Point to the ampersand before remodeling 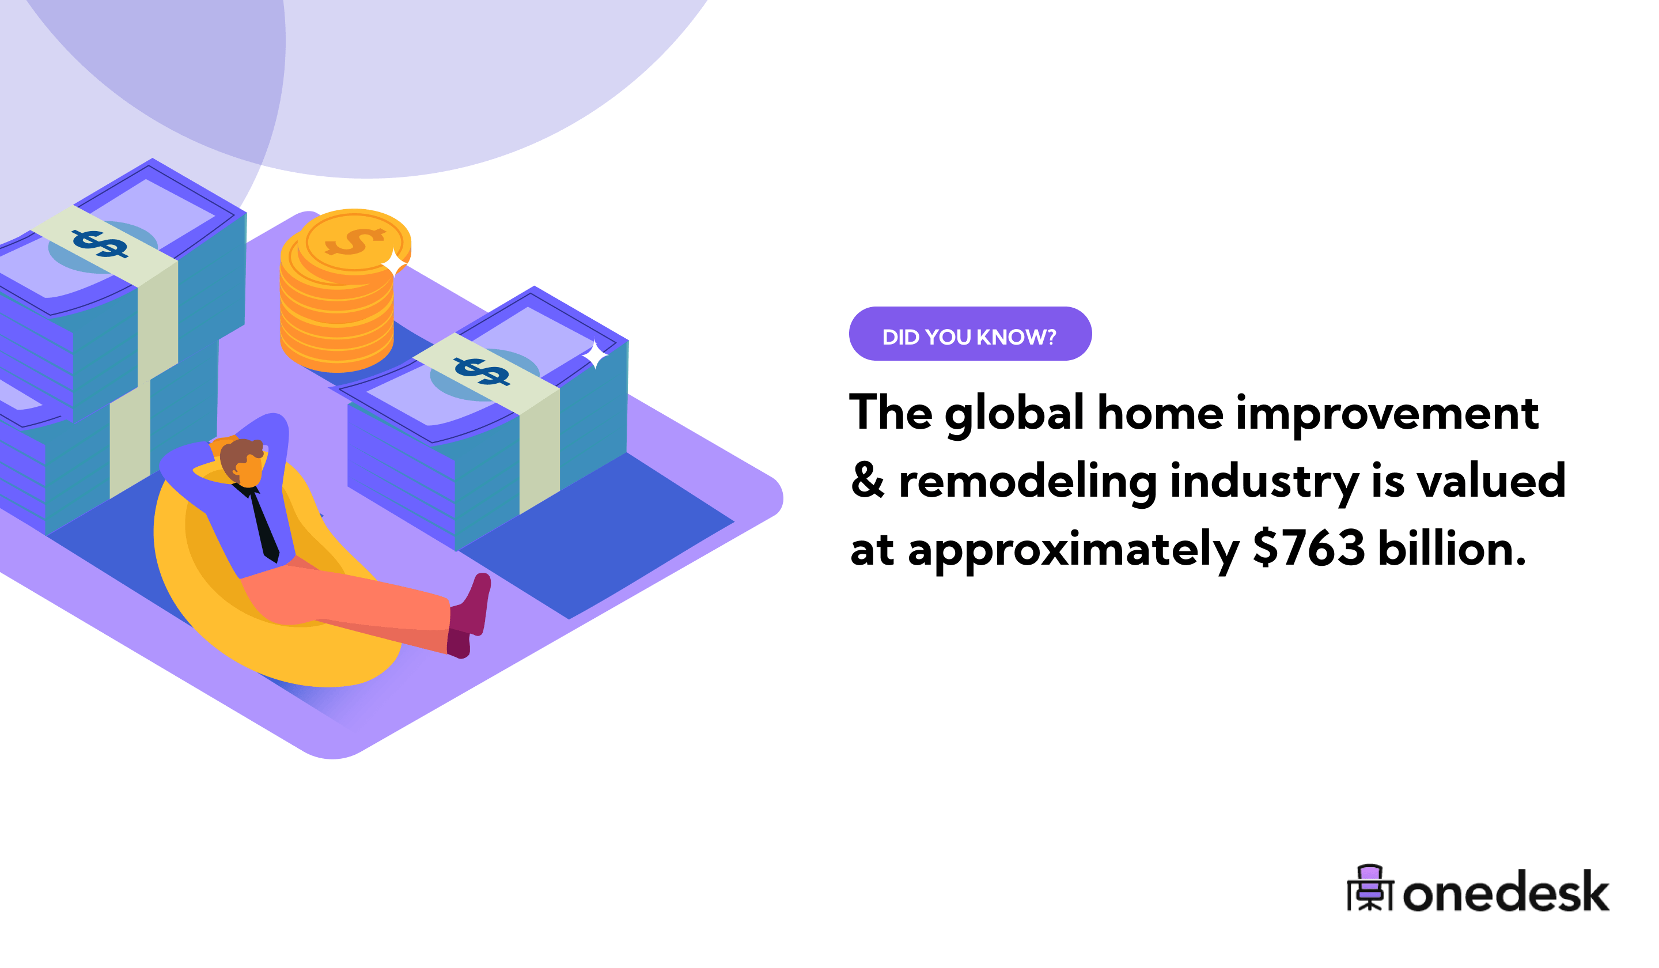867,481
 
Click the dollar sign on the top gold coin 354,241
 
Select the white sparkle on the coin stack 395,263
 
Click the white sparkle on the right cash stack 594,354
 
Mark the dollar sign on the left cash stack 100,244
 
